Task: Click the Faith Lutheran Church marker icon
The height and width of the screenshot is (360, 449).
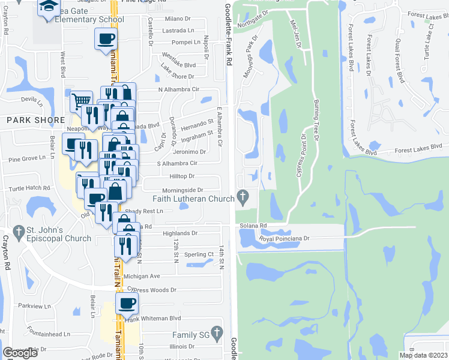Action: click(x=243, y=196)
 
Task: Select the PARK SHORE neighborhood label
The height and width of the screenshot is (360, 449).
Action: click(x=35, y=120)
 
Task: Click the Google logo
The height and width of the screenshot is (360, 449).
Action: click(x=20, y=353)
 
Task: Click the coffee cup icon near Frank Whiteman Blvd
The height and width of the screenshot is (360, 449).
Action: click(x=127, y=304)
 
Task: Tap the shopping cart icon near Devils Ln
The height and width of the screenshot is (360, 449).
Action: click(x=81, y=100)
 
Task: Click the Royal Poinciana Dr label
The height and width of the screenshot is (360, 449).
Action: click(x=284, y=238)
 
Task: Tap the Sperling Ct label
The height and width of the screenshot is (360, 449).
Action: click(x=199, y=254)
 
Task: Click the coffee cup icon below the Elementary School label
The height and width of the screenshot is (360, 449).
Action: click(x=106, y=38)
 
